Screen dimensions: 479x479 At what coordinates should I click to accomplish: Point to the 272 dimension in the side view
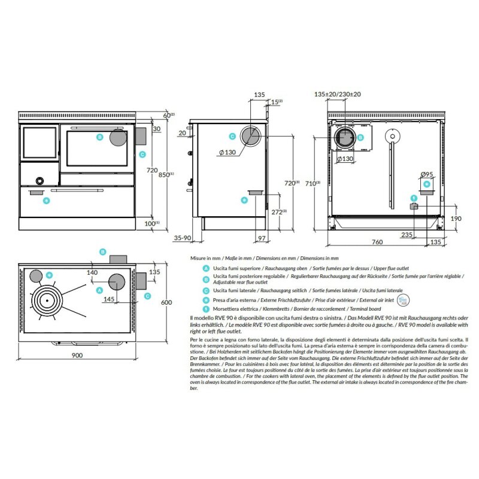(277, 212)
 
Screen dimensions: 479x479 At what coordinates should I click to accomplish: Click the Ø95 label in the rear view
(427, 174)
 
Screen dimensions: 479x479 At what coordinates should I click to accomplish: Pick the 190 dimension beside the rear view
(456, 219)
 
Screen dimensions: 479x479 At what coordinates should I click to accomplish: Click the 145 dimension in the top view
(92, 298)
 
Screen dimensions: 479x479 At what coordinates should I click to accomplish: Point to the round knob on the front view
(39, 180)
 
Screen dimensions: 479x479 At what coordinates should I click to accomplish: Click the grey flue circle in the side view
(250, 137)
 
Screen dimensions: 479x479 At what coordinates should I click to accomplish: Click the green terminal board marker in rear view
(413, 197)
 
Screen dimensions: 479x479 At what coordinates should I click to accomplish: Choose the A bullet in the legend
(206, 269)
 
